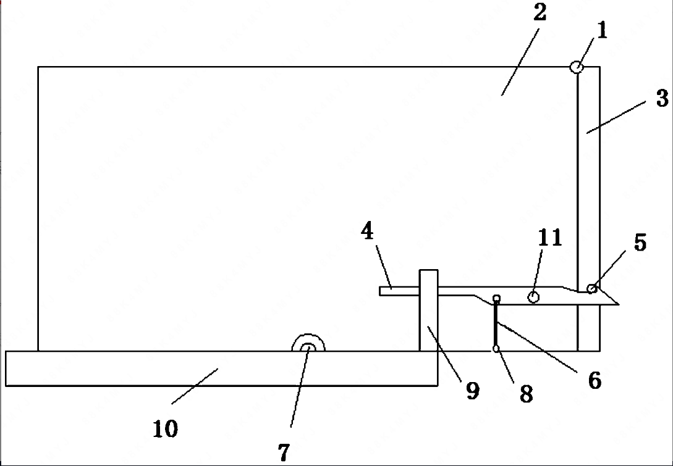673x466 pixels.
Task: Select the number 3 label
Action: (x=662, y=98)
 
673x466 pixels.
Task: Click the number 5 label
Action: (x=640, y=243)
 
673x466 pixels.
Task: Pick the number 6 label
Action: (x=594, y=380)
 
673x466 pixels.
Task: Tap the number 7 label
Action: (x=283, y=452)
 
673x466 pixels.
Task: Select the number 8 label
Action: (x=526, y=394)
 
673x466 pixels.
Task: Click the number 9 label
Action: (x=473, y=390)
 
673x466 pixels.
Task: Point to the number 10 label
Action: (x=165, y=428)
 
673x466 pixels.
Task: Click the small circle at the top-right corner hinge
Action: (x=576, y=67)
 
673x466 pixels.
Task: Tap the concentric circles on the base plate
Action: (x=308, y=348)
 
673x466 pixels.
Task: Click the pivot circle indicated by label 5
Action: (x=591, y=288)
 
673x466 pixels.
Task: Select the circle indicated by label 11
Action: (x=533, y=297)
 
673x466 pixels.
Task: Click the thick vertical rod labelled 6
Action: (x=496, y=324)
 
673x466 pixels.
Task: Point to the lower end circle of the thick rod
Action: (x=496, y=349)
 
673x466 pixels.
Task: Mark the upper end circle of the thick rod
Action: (x=496, y=299)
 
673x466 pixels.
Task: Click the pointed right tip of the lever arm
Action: (x=617, y=304)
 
